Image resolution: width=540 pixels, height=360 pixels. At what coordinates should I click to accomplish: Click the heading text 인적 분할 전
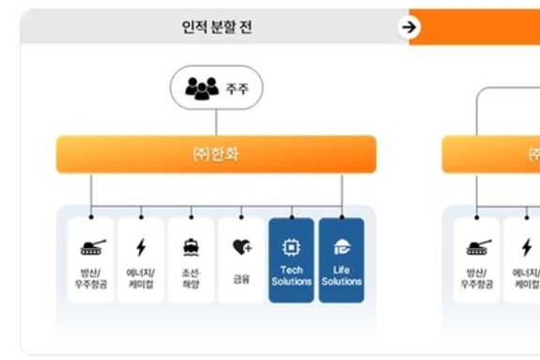(x=216, y=27)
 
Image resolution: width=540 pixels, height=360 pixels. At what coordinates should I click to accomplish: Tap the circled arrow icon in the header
(x=408, y=27)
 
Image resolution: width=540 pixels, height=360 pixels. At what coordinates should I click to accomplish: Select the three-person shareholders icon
(x=202, y=88)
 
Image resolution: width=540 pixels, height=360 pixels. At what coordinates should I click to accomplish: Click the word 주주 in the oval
(x=237, y=89)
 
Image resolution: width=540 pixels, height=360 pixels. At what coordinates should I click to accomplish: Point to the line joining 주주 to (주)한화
(x=216, y=122)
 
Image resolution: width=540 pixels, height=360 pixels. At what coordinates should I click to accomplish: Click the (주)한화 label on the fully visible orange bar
(x=216, y=154)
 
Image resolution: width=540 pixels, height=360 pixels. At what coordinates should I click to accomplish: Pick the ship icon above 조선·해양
(x=191, y=247)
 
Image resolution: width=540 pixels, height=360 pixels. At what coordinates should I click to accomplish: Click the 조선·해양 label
(x=191, y=278)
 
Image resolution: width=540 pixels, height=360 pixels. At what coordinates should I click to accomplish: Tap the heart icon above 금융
(x=241, y=247)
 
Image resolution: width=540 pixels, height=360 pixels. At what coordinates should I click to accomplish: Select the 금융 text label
(x=241, y=279)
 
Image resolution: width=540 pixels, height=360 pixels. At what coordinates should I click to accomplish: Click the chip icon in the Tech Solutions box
(x=291, y=247)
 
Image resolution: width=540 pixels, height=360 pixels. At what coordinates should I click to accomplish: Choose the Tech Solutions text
(x=291, y=275)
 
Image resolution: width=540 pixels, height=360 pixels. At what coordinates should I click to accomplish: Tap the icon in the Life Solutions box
(x=342, y=247)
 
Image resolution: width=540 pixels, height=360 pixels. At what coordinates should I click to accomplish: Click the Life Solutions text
(x=342, y=275)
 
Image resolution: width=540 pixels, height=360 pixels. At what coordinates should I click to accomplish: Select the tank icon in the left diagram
(x=91, y=247)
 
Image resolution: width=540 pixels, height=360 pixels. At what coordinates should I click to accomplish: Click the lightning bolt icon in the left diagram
(x=141, y=247)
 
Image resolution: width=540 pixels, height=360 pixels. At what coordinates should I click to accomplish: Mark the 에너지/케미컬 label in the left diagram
(x=141, y=278)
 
